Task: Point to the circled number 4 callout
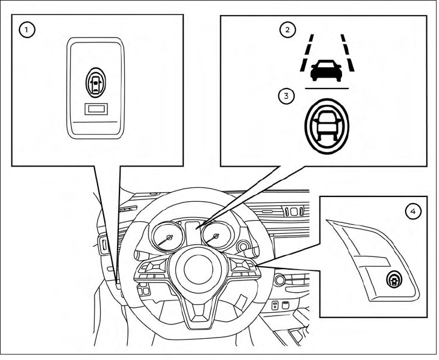[412, 212]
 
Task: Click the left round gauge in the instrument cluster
[168, 239]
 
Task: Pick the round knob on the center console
[280, 281]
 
